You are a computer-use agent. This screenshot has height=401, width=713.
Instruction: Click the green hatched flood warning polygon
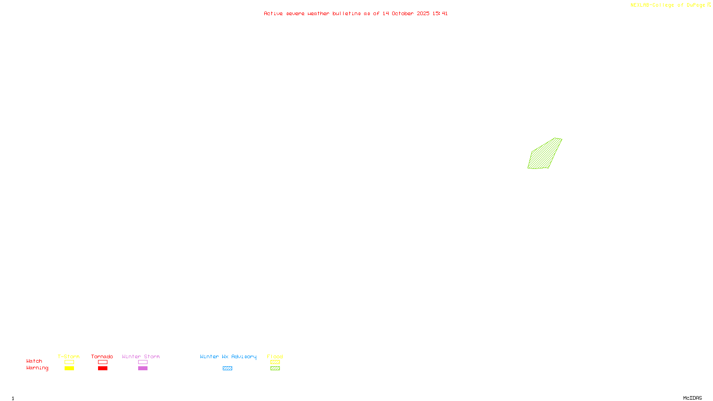pos(545,155)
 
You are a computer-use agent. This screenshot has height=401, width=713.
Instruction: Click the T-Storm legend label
pos(69,356)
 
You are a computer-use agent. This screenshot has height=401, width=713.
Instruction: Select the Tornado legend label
pos(102,356)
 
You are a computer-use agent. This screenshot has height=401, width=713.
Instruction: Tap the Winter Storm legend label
pos(141,356)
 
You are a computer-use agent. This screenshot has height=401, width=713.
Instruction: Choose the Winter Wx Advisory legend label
pos(228,356)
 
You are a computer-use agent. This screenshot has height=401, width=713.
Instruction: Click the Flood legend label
pos(275,356)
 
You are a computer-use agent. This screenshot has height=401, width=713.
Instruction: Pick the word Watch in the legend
pos(34,361)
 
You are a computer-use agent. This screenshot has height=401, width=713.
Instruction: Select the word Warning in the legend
pos(37,368)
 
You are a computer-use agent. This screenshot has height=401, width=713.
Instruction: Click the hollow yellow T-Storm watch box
pos(69,362)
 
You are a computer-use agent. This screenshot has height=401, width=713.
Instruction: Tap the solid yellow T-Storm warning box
pos(69,368)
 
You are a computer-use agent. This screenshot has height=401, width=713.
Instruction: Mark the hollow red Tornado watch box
pos(102,362)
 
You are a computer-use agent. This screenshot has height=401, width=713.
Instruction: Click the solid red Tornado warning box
pos(102,368)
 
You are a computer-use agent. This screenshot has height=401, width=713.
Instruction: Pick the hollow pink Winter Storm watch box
pos(143,362)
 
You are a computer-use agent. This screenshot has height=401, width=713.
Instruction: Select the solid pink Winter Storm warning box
pos(143,368)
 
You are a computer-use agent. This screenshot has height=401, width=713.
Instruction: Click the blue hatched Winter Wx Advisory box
pos(227,368)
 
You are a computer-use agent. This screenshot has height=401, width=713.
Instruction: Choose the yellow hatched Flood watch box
pos(275,362)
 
